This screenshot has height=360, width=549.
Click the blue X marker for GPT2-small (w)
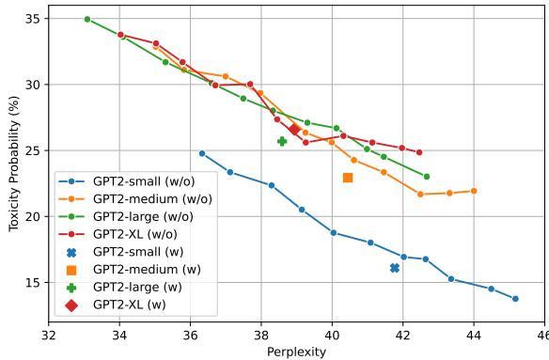395,268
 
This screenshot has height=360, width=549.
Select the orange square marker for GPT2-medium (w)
348,178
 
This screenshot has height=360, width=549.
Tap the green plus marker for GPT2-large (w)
282,141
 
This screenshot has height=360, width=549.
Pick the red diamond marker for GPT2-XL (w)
294,130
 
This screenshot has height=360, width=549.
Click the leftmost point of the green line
87,19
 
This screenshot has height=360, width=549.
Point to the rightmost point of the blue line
515,299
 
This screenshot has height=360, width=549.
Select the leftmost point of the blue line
202,153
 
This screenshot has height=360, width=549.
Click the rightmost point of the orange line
474,191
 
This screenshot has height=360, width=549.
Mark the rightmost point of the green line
427,177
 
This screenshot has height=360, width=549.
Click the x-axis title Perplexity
296,352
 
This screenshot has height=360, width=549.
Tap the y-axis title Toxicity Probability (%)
13,164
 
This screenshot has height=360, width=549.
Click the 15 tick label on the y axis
36,283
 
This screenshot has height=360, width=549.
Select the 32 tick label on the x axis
49,334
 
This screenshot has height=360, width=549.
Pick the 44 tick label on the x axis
474,334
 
